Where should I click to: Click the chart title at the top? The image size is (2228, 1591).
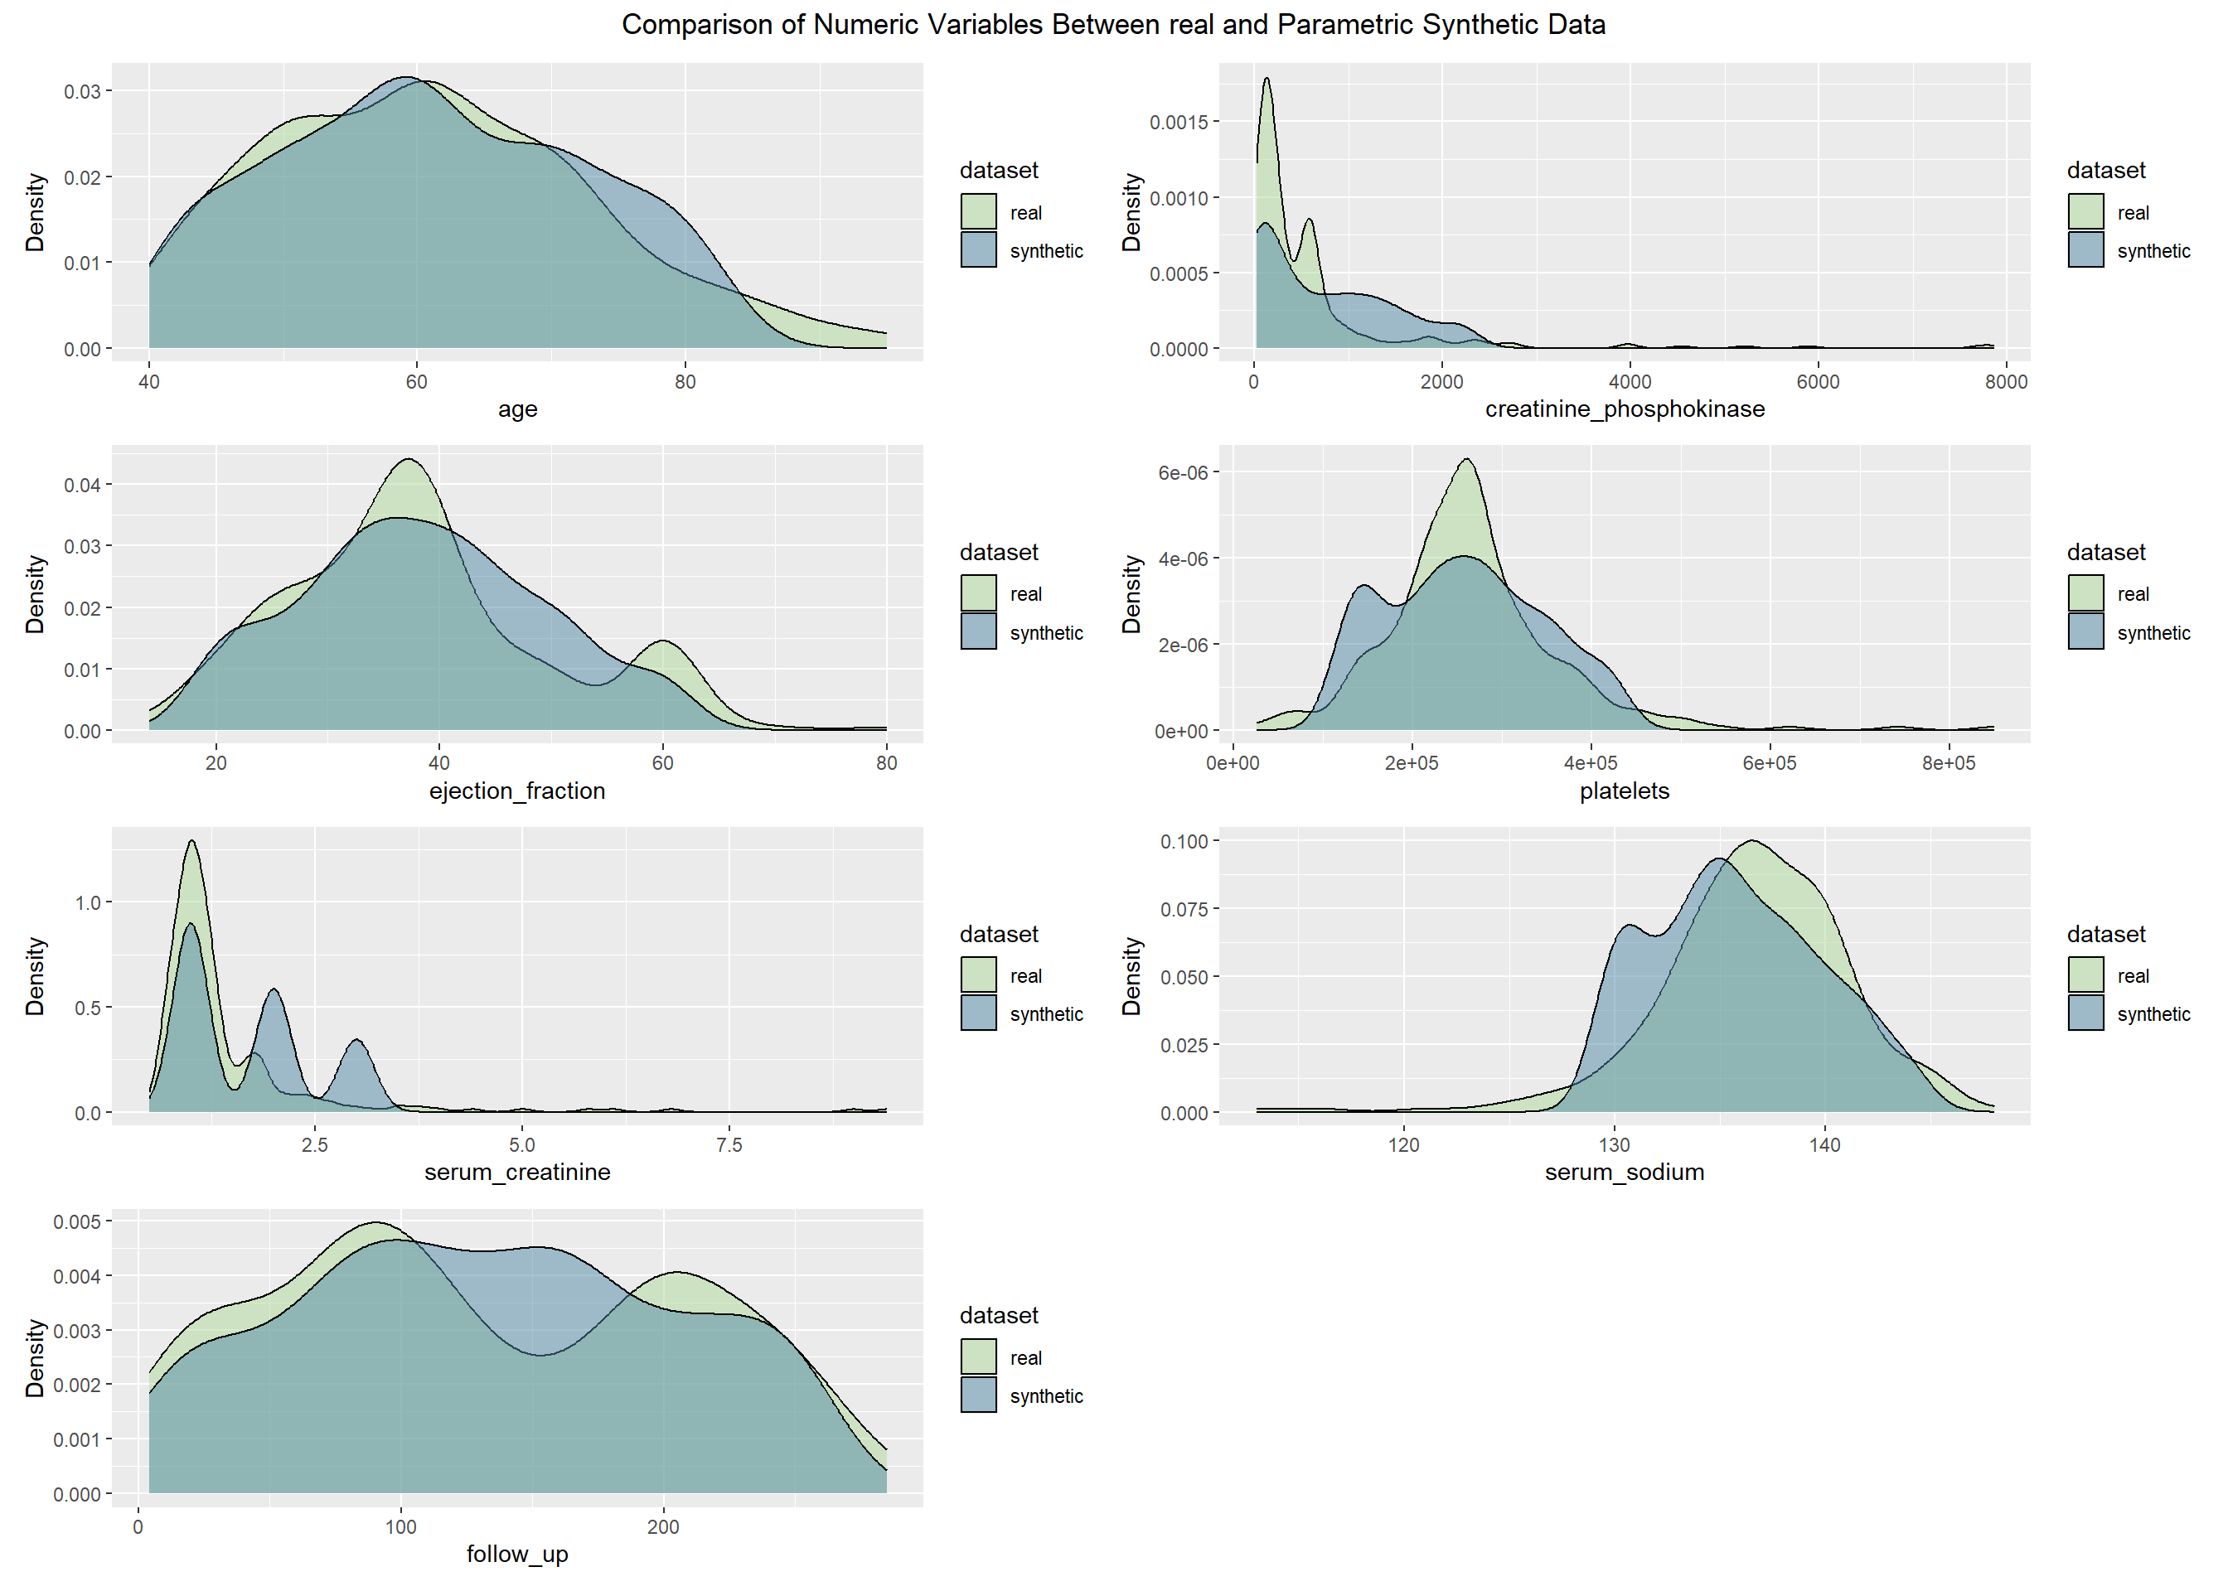1113,25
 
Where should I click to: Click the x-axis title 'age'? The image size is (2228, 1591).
517,409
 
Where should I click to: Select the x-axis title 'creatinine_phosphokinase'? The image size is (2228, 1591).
1625,409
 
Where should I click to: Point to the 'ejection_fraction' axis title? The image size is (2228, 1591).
517,791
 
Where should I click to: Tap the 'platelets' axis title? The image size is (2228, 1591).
1625,791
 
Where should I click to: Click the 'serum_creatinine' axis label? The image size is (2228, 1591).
517,1173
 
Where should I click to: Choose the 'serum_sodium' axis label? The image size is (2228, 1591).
1625,1173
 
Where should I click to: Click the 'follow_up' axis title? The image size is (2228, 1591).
517,1555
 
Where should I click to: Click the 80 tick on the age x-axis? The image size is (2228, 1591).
685,382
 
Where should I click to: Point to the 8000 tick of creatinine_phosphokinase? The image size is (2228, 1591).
2006,382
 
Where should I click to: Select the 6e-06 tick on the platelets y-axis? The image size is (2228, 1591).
1183,473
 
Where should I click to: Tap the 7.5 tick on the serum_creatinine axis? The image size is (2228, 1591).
729,1145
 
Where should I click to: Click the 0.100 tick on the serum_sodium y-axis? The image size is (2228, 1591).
1184,842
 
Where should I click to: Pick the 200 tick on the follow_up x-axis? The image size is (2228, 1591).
663,1527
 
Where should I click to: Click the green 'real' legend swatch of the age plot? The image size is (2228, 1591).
978,211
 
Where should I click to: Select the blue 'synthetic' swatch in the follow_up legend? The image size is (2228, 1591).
978,1395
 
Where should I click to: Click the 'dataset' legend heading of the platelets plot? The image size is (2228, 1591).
2105,553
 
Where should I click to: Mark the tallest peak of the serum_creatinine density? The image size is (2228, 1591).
192,842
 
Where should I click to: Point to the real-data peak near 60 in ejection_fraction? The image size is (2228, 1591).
663,641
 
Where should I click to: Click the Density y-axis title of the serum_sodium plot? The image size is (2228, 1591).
1131,976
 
